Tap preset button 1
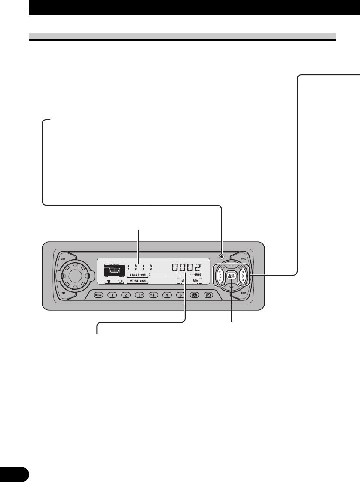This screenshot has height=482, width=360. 111,295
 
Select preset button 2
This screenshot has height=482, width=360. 125,295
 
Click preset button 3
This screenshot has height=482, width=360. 140,295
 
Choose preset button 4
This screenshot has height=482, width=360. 154,295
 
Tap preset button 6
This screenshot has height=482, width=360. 181,295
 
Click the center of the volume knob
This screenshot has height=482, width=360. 74,276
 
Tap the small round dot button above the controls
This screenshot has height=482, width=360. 221,257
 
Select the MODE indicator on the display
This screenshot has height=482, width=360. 198,274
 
